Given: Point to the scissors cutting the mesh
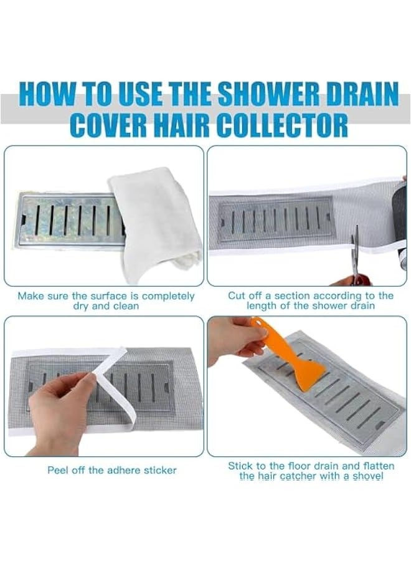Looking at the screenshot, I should point(354,256).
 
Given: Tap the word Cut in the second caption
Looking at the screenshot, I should point(237,295).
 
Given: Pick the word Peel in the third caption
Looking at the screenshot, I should point(59,470).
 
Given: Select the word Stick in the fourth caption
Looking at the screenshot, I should point(240,466).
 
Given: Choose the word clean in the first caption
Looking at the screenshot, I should point(123,306).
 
